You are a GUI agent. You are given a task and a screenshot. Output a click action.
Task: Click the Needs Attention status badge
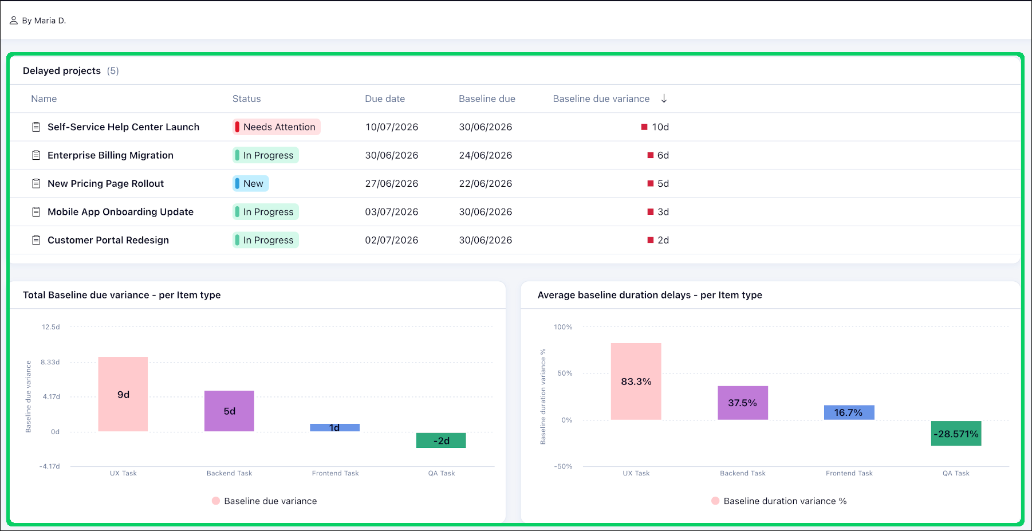(x=277, y=127)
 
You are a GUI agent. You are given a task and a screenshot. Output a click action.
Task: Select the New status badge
(x=251, y=184)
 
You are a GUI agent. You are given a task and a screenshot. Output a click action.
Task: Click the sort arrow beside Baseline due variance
(x=664, y=99)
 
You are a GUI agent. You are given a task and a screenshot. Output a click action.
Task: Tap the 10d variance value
(x=660, y=127)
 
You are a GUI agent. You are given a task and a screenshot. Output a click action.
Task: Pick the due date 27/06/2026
(x=392, y=184)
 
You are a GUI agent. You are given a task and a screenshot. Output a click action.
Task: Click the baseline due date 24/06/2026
(x=486, y=155)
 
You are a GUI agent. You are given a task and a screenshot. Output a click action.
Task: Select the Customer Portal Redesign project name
(x=108, y=241)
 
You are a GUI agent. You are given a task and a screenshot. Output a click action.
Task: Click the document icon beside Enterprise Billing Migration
(x=36, y=155)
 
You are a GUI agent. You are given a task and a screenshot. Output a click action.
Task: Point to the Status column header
(x=247, y=99)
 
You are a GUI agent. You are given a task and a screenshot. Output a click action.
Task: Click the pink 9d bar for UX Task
(x=123, y=394)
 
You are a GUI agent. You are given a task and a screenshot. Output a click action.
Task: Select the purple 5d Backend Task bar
(x=229, y=411)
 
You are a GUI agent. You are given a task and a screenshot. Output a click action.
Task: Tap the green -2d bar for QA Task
(x=441, y=440)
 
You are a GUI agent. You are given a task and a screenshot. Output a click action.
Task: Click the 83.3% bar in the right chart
(x=636, y=381)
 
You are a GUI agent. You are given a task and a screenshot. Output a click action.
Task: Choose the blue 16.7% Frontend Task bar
(x=849, y=412)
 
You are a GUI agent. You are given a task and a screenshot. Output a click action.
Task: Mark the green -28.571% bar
(x=956, y=434)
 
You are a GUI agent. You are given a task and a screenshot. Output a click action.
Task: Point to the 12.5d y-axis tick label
(x=51, y=327)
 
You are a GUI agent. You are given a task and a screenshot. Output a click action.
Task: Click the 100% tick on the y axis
(x=563, y=327)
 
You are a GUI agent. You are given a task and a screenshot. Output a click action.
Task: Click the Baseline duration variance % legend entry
(x=779, y=501)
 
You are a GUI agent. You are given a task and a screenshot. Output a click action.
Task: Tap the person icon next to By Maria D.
(x=14, y=21)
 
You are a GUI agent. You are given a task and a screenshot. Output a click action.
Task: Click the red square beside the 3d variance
(x=651, y=212)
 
